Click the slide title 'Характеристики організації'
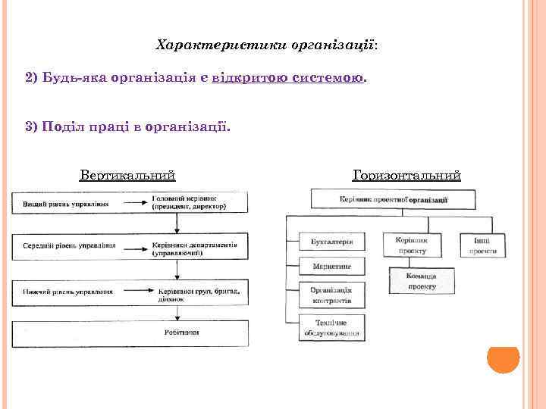click(x=265, y=45)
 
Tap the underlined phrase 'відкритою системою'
click(x=288, y=78)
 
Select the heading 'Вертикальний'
click(x=127, y=176)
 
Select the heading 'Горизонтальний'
click(x=406, y=176)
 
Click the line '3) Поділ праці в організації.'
click(x=126, y=126)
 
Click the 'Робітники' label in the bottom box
click(x=182, y=333)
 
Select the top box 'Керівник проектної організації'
click(x=394, y=199)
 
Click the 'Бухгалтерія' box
click(x=332, y=242)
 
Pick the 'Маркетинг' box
click(x=332, y=267)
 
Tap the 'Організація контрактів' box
click(x=332, y=295)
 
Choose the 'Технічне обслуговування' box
click(x=332, y=327)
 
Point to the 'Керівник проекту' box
click(x=412, y=245)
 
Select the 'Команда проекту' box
click(x=421, y=281)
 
